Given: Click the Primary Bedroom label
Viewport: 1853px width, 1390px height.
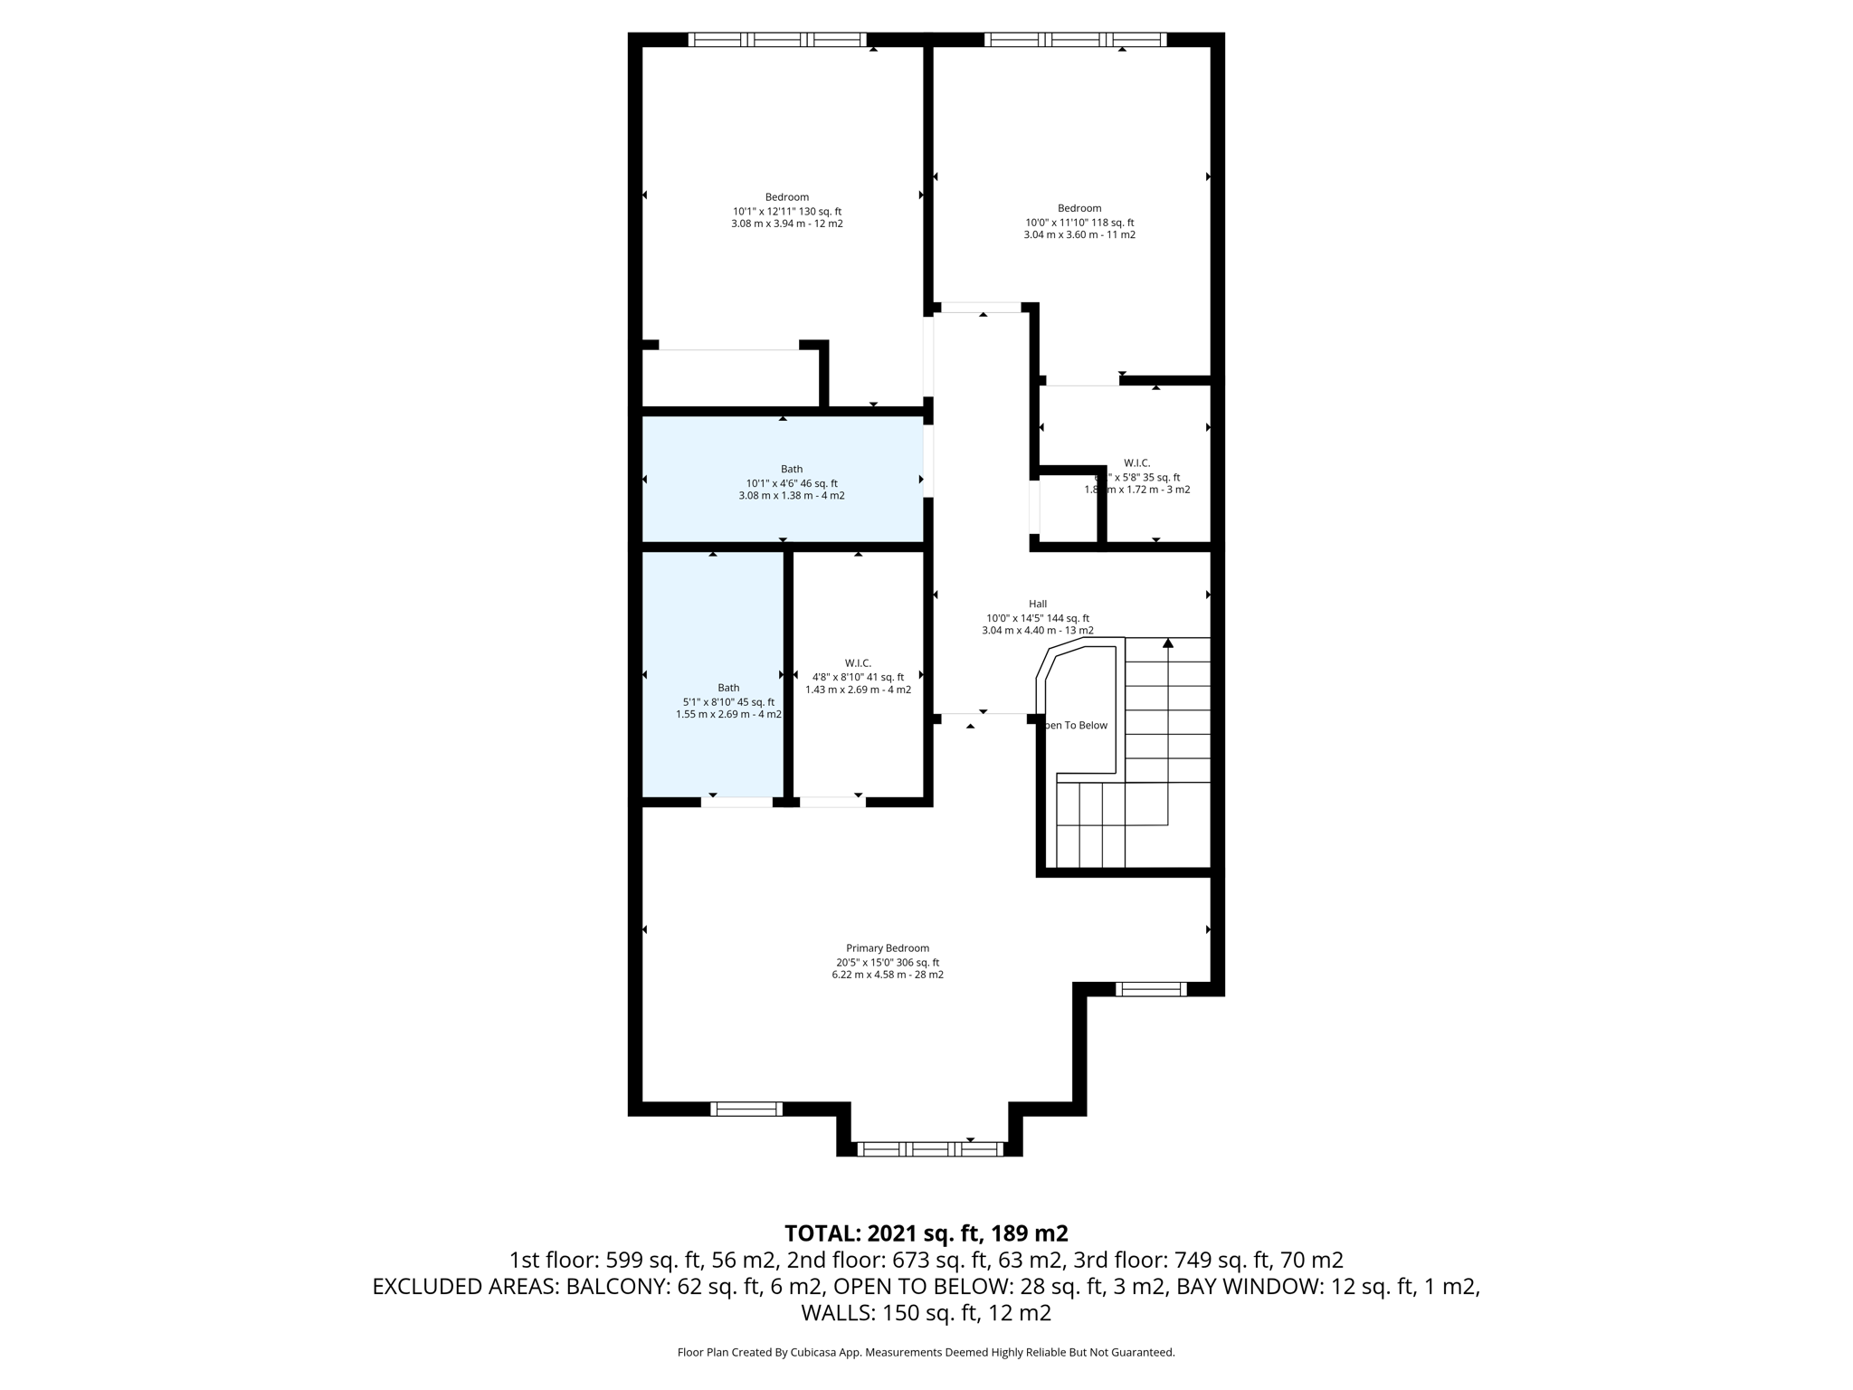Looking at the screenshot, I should coord(888,948).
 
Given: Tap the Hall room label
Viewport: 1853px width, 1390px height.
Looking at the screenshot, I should coord(1037,604).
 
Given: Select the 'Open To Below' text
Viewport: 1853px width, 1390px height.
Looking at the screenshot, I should coord(1077,725).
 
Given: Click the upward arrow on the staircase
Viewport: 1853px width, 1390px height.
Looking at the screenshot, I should coord(1168,643).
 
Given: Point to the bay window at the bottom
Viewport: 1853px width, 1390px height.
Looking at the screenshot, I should coord(930,1149).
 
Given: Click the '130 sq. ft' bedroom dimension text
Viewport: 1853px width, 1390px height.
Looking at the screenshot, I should coord(787,211).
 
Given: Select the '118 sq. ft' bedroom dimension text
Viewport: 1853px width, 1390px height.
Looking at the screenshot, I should coord(1079,223).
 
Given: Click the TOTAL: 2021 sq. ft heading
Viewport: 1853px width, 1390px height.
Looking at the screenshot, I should coord(926,1233).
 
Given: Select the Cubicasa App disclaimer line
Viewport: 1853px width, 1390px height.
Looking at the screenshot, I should coord(926,1353).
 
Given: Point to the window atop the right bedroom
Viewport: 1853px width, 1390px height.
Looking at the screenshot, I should coord(1075,40).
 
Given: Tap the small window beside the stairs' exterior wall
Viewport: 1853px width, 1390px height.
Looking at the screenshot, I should coord(1150,989).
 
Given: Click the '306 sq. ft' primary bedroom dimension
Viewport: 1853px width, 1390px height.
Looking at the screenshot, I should coord(888,963).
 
